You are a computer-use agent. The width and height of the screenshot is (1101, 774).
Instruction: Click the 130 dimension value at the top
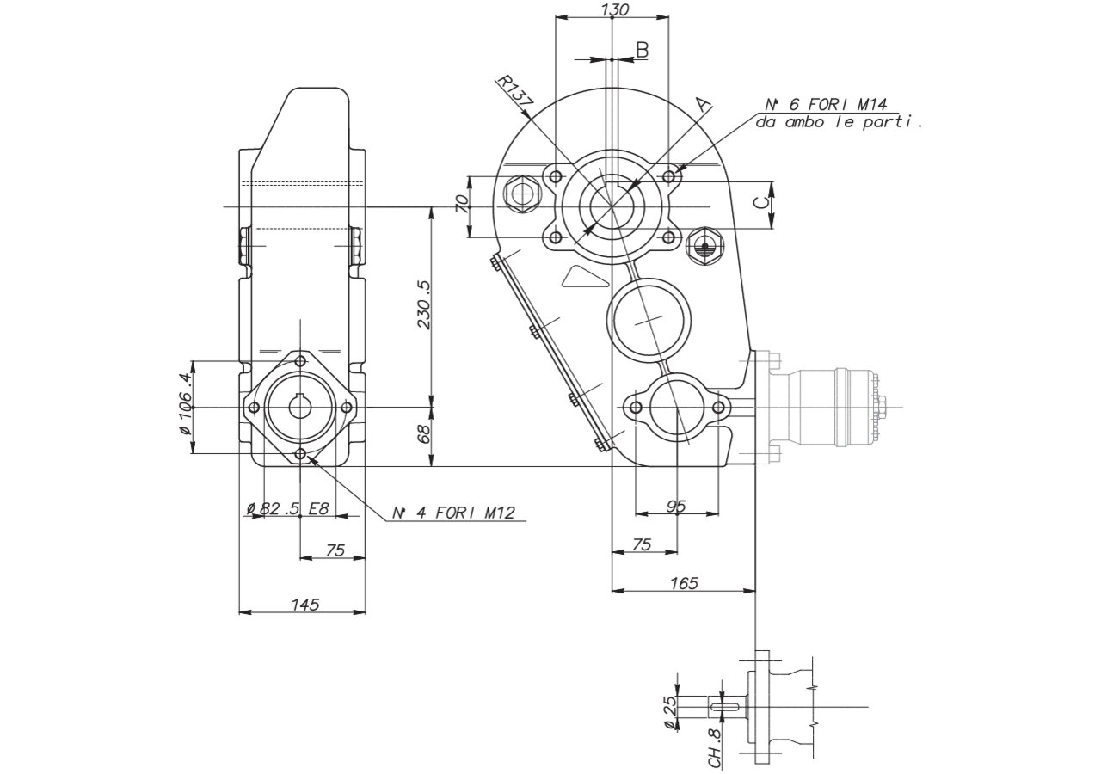click(615, 9)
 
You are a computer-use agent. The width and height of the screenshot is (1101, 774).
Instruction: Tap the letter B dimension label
click(643, 50)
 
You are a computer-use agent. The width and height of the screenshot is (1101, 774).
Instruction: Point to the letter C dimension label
click(761, 202)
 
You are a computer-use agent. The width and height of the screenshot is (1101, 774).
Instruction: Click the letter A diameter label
click(704, 105)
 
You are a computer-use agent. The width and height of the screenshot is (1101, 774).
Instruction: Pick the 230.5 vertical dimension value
click(424, 304)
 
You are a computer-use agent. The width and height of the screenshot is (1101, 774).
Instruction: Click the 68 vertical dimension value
click(424, 434)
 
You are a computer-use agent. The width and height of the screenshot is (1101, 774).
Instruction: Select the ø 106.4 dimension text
click(184, 404)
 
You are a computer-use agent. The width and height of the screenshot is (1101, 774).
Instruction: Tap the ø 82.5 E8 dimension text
click(287, 508)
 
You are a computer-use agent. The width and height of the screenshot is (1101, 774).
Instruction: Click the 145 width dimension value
click(305, 605)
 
